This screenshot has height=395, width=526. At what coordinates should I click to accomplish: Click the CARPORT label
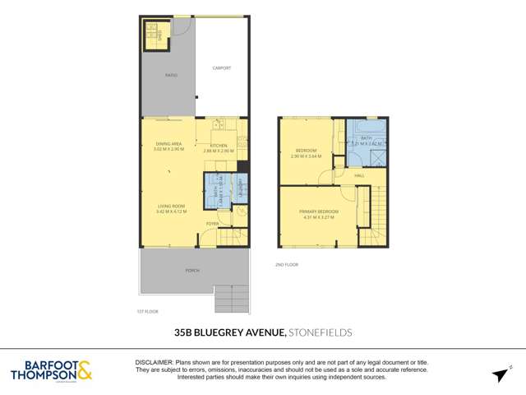(221, 68)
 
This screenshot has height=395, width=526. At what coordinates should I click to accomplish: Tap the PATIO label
(171, 75)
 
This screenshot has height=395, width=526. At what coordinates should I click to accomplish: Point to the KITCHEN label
(219, 146)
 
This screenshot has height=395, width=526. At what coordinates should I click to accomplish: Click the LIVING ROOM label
(171, 206)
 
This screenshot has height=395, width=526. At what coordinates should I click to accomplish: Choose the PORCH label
(192, 269)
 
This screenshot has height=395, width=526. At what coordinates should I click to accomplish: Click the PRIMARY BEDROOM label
(319, 212)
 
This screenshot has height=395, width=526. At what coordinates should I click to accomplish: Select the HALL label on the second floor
(359, 175)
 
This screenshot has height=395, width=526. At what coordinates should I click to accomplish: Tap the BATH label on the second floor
(366, 138)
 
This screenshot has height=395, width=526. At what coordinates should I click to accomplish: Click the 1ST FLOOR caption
(147, 312)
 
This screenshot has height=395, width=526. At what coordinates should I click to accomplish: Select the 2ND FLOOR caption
(285, 264)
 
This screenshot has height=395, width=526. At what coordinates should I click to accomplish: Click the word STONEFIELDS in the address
(321, 332)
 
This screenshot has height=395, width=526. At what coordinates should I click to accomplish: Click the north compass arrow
(499, 374)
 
